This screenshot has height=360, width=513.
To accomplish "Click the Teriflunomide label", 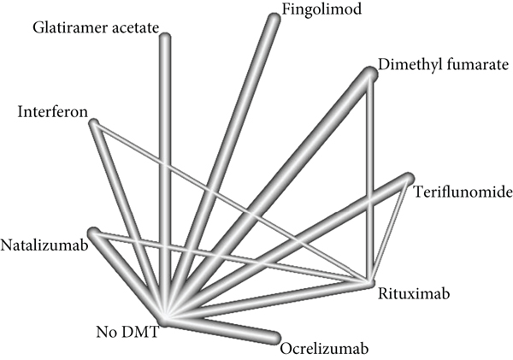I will [463, 191].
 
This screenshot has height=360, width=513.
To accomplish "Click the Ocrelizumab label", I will [318, 348].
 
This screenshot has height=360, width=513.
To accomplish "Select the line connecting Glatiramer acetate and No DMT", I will [164, 171].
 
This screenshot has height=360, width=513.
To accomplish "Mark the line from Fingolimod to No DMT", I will [222, 162].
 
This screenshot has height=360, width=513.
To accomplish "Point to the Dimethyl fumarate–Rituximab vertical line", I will [371, 180].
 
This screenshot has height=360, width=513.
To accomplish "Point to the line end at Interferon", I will [93, 124].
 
